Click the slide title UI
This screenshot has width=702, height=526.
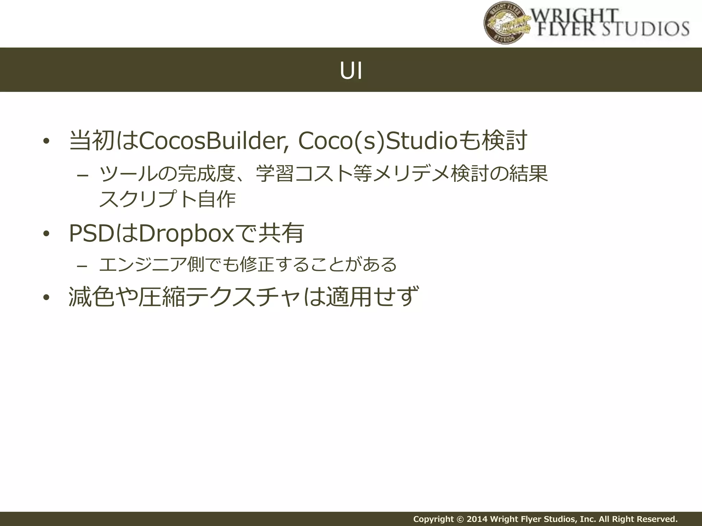[x=351, y=71]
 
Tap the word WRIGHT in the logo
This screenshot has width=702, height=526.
[x=576, y=15]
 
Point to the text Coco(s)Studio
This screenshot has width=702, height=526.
[x=377, y=141]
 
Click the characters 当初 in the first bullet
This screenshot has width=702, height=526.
[x=92, y=141]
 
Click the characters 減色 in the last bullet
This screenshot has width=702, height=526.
[x=92, y=297]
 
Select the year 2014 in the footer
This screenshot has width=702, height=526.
[x=477, y=519]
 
